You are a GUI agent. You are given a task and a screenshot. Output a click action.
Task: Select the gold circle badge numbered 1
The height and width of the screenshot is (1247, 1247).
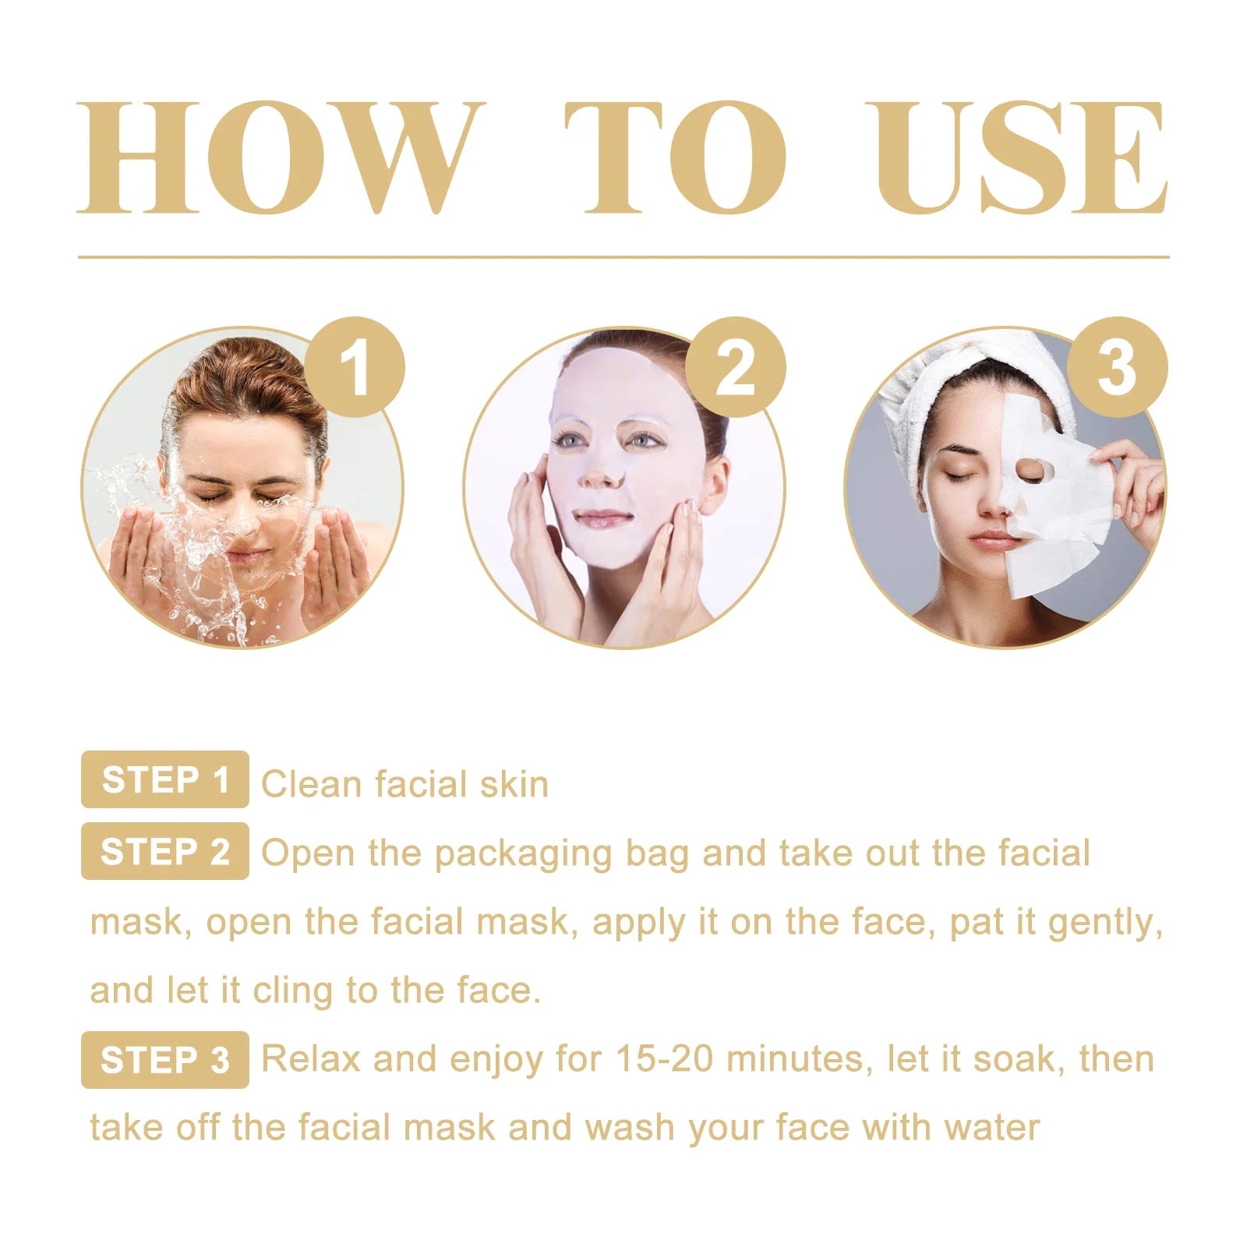point(355,367)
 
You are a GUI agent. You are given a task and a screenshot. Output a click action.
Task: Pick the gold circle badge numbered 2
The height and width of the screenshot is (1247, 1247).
point(736,367)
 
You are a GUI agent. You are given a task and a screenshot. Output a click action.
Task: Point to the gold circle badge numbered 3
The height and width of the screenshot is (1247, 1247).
point(1117,367)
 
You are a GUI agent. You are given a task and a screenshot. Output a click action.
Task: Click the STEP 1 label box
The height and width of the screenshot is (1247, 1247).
point(165,779)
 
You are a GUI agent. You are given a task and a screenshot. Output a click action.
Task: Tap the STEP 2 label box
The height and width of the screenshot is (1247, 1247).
point(165,851)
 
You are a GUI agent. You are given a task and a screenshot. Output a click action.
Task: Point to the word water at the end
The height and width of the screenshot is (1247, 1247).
point(991,1127)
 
